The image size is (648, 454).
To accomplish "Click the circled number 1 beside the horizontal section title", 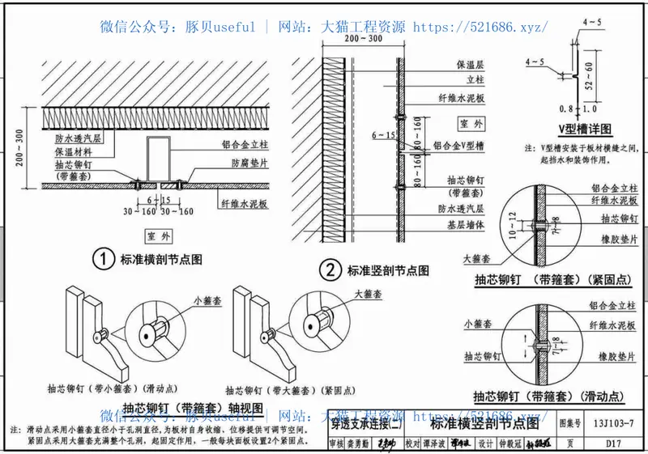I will (x=102, y=260).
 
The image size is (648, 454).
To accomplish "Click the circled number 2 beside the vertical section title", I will (x=329, y=269).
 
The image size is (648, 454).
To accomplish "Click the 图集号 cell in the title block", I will (x=571, y=422).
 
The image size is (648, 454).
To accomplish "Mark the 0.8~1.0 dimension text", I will (x=578, y=108).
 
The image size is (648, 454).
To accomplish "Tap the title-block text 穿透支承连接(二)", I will (x=367, y=422).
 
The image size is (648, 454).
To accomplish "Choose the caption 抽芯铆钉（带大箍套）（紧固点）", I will (x=275, y=390).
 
